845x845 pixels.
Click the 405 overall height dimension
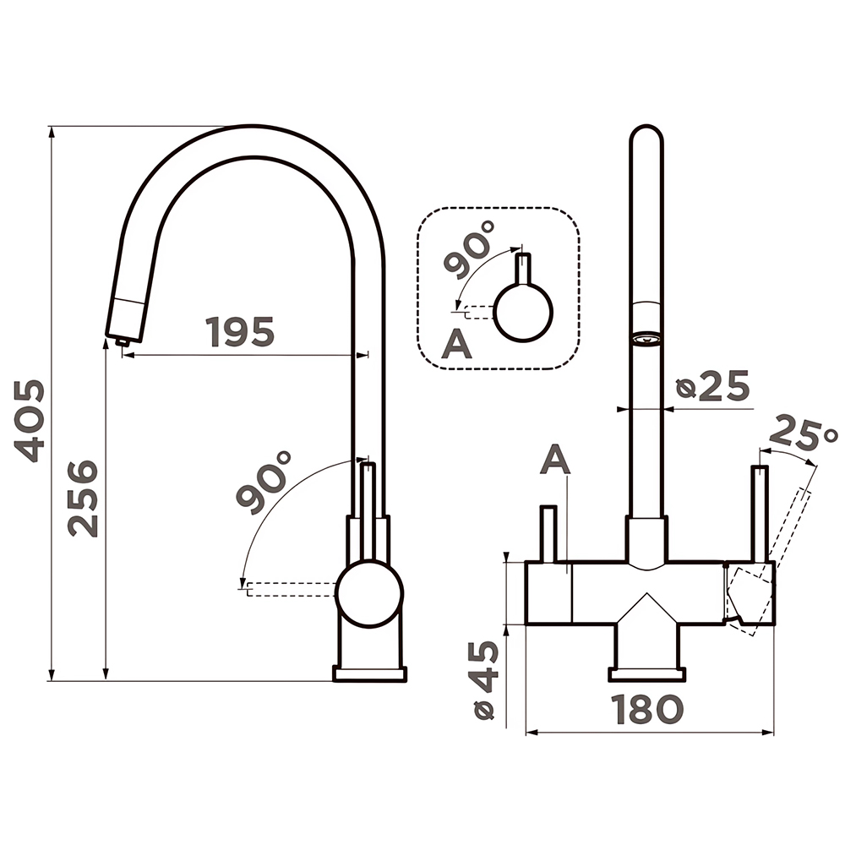[29, 421]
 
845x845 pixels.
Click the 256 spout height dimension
[83, 498]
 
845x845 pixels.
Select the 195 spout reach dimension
[240, 331]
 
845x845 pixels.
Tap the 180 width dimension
[646, 709]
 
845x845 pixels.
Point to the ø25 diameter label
[712, 385]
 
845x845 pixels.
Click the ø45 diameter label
[484, 680]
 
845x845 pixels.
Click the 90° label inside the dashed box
[469, 249]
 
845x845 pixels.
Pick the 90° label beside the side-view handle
[264, 482]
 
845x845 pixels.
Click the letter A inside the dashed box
[456, 344]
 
